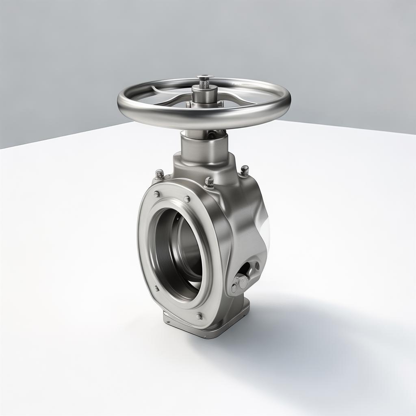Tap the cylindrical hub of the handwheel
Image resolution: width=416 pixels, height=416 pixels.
pyautogui.click(x=204, y=94)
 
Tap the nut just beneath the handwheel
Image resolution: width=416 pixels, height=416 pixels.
pyautogui.click(x=211, y=134)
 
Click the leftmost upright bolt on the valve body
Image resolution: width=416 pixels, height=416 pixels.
pyautogui.click(x=160, y=174)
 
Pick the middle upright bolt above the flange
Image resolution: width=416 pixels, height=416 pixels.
pyautogui.click(x=209, y=182)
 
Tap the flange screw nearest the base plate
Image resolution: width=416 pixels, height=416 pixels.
pyautogui.click(x=199, y=316)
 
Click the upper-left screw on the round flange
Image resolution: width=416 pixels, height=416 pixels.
pyautogui.click(x=156, y=195)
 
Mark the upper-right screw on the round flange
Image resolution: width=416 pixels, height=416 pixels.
pyautogui.click(x=186, y=199)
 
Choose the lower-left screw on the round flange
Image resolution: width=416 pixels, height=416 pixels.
pyautogui.click(x=157, y=288)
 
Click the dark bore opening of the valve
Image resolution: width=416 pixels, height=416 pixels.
pyautogui.click(x=179, y=252)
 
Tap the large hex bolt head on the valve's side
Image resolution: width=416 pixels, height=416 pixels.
pyautogui.click(x=241, y=282)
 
